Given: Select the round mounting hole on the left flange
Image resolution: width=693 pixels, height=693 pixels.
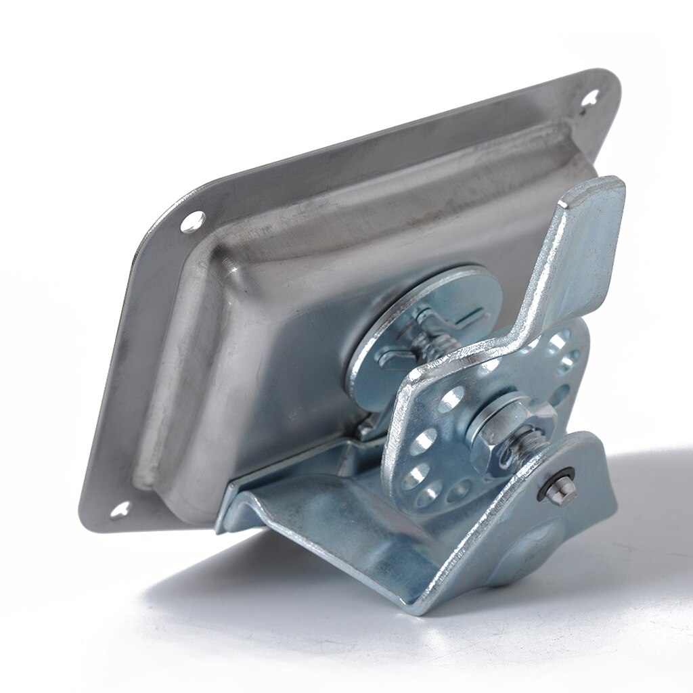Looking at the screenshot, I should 192,220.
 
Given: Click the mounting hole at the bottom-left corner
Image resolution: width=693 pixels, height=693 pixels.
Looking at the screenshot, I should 121,510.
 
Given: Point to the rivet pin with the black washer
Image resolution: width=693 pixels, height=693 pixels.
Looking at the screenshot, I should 559,489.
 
